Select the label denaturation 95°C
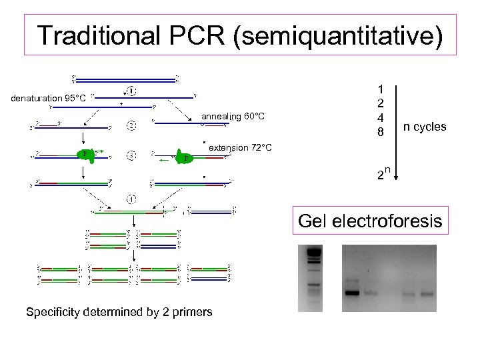[x=48, y=99]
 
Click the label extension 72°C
[x=240, y=147]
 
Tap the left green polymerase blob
[x=85, y=155]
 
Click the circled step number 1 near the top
[x=133, y=91]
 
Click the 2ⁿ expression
[x=381, y=175]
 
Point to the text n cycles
[x=425, y=127]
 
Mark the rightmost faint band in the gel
[x=427, y=294]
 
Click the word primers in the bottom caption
[x=195, y=311]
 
